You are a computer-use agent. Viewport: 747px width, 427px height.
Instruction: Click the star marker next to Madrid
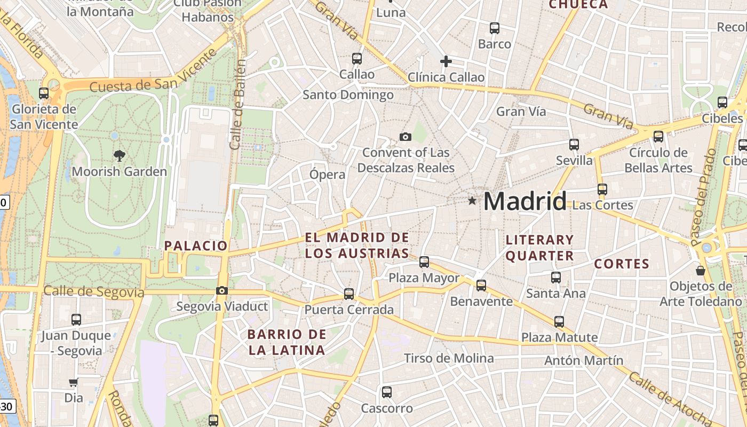[x=472, y=201]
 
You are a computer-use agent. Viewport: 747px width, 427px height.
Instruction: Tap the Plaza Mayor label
[x=424, y=278]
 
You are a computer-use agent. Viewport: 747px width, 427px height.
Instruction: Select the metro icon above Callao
[x=357, y=59]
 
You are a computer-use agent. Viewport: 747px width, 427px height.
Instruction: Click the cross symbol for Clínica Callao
[x=446, y=61]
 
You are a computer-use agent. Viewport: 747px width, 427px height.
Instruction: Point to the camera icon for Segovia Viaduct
[x=222, y=291]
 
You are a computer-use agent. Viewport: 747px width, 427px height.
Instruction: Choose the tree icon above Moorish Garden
[x=120, y=155]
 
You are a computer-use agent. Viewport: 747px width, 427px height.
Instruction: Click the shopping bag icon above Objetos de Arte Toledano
[x=701, y=271]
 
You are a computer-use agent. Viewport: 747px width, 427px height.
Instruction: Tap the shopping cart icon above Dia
[x=74, y=382]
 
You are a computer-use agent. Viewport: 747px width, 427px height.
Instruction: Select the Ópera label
[x=327, y=175]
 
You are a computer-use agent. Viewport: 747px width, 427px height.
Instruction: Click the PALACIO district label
[x=196, y=246]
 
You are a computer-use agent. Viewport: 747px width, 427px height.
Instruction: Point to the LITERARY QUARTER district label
[x=539, y=248]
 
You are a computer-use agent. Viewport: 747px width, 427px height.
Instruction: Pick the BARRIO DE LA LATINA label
[x=287, y=343]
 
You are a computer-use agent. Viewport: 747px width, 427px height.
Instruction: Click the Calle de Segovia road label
[x=94, y=292]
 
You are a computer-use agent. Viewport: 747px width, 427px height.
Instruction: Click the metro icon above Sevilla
[x=574, y=144]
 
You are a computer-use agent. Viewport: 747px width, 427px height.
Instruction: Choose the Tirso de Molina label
[x=449, y=358]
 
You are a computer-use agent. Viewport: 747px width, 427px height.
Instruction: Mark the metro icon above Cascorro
[x=387, y=392]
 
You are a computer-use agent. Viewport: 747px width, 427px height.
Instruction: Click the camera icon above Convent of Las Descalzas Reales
[x=406, y=137]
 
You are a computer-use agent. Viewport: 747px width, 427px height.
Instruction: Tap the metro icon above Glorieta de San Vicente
[x=44, y=93]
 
